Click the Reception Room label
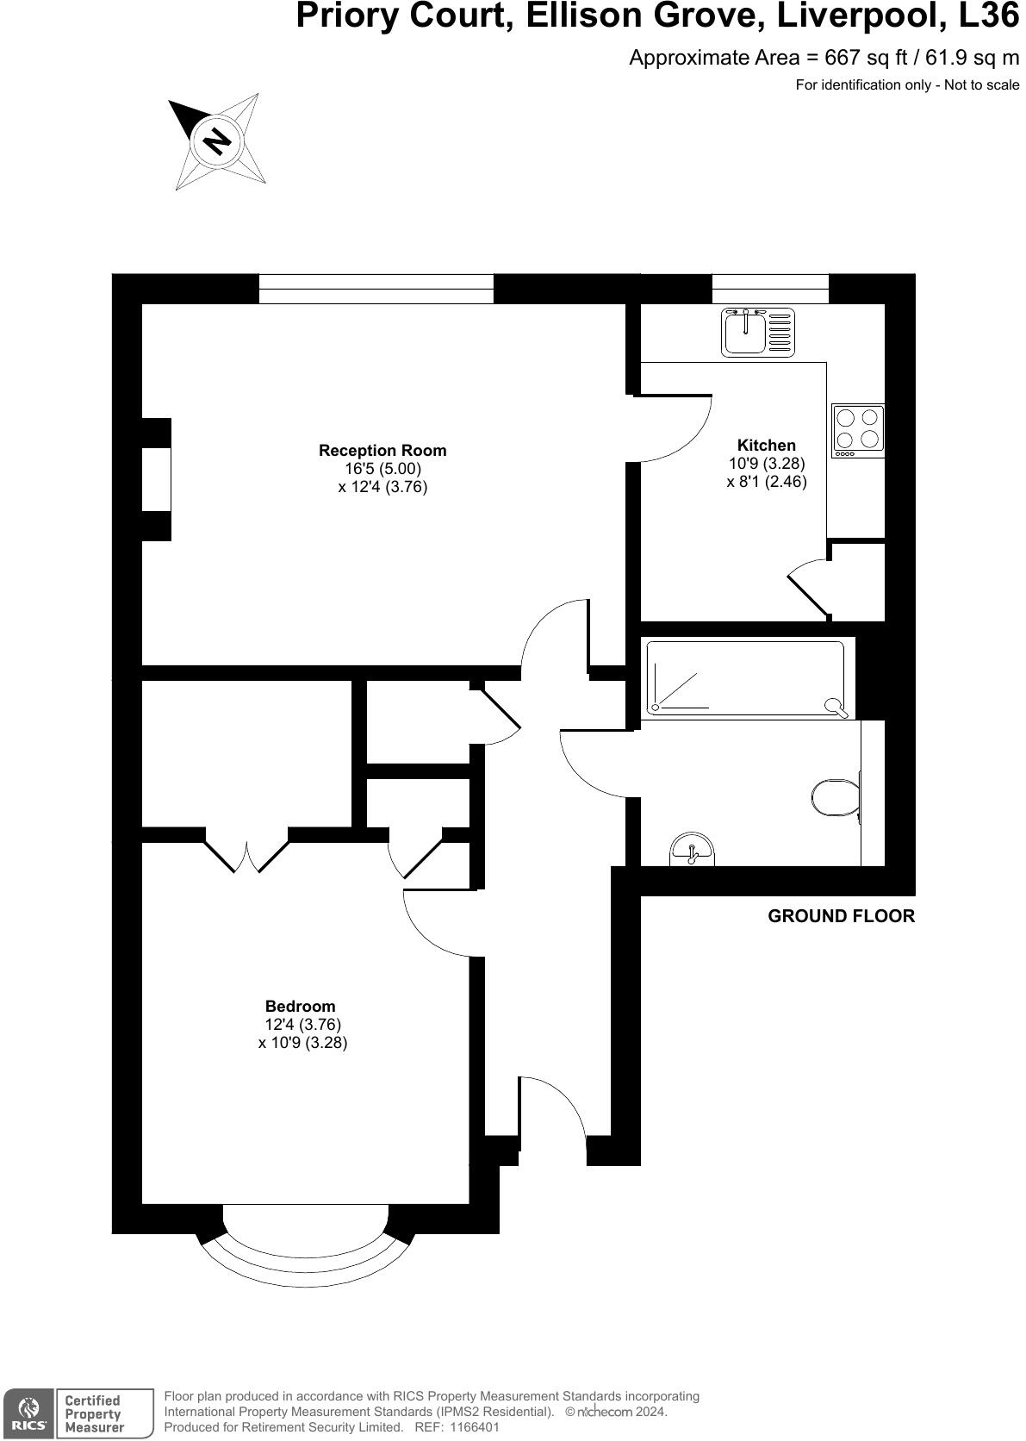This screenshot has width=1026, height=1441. click(x=382, y=450)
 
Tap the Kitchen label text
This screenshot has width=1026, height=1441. click(x=766, y=445)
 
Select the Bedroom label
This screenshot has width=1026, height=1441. click(x=300, y=1006)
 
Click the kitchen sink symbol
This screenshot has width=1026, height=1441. click(x=757, y=332)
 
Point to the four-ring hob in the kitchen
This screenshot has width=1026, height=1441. click(x=857, y=430)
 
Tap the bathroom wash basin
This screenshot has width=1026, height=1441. click(x=691, y=850)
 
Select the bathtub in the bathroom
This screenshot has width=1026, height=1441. click(x=748, y=678)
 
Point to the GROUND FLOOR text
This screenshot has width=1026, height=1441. click(x=841, y=916)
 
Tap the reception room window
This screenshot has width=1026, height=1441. click(x=376, y=289)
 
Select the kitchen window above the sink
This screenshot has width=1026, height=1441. click(x=770, y=288)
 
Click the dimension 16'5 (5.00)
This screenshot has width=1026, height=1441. click(x=382, y=469)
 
